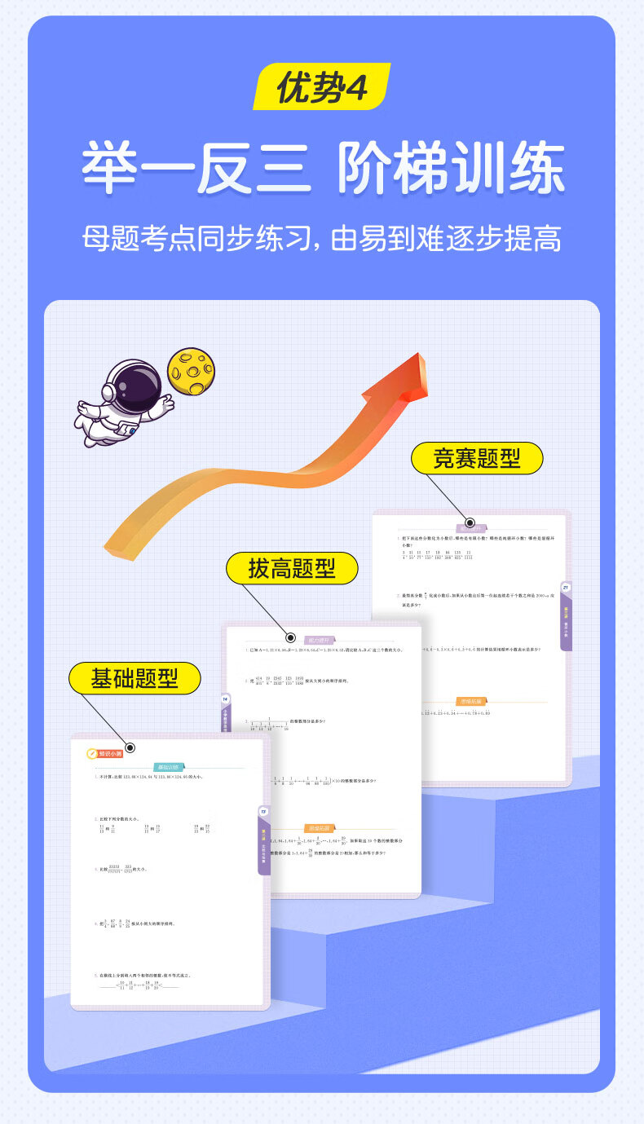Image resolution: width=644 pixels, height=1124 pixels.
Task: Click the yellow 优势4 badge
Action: point(321,86)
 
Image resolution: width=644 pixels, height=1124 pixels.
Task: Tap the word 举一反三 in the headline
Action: point(196,168)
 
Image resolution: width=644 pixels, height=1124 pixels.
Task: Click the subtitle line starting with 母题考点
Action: point(321,238)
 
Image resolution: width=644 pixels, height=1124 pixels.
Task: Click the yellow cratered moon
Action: point(191,371)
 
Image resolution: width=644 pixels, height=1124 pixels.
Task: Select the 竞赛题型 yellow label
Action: point(477,458)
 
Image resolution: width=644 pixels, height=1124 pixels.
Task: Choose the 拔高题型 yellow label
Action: point(292,567)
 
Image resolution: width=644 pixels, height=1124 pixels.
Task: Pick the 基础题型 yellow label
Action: point(135,677)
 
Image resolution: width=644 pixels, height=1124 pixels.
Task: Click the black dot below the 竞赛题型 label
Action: point(470,522)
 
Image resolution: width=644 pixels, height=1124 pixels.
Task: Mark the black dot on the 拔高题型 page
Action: point(290,638)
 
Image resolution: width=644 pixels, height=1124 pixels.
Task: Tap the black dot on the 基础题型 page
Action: point(130,747)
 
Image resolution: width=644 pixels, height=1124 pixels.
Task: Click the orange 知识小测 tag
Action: point(107,753)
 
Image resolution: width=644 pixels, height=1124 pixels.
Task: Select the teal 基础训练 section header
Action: point(170,767)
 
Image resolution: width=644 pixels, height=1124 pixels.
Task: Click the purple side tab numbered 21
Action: point(566,615)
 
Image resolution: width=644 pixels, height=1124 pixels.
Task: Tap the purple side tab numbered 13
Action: point(263,840)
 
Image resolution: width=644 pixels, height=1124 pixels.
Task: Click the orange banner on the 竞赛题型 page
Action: point(470,701)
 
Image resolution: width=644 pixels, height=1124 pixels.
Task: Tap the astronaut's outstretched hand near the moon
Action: point(165,402)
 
